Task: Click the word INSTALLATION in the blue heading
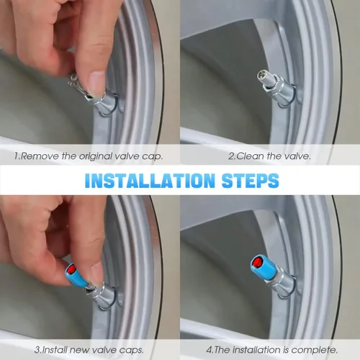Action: (150, 181)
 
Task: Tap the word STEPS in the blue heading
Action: (251, 181)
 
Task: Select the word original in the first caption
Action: (95, 157)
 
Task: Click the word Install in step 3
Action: (53, 350)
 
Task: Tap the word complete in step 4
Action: (315, 350)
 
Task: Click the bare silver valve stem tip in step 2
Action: (262, 77)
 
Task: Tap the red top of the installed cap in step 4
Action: (257, 262)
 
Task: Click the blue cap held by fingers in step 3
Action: (76, 276)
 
